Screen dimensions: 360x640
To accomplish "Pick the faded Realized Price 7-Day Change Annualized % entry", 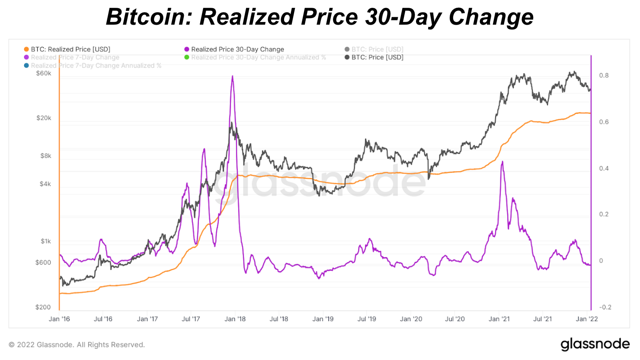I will (96, 66).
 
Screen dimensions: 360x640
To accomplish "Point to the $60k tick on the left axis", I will (43, 74).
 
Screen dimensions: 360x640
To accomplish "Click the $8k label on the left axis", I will (45, 156).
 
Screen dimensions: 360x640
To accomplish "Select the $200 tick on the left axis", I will (43, 307).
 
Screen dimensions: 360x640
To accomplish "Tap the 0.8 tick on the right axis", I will (604, 75).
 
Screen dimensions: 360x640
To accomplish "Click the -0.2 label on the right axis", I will (605, 307).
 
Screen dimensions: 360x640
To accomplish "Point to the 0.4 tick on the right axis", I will (604, 168).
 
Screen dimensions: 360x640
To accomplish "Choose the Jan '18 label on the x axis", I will (235, 319).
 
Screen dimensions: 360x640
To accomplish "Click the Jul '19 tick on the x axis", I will (367, 319).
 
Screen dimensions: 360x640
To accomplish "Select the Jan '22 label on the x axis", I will (587, 319).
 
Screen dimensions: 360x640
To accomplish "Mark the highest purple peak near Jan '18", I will (233, 77).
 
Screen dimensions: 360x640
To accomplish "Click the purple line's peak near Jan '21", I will (502, 162).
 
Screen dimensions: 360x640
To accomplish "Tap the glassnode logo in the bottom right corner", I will (595, 344).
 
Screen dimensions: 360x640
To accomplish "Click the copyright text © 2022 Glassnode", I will (77, 345).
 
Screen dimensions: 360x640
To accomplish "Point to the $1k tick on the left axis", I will (45, 241).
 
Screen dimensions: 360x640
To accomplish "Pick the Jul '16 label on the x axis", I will (103, 319).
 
